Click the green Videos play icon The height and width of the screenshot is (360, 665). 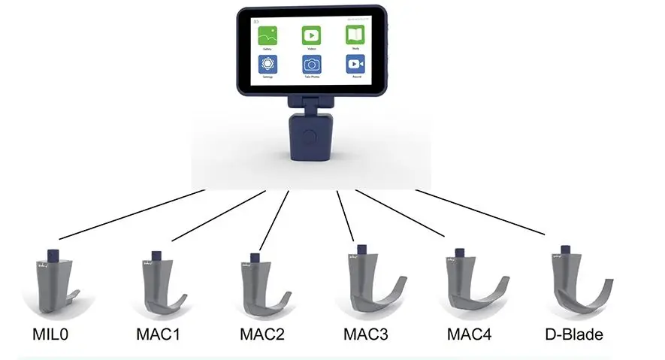tap(311, 35)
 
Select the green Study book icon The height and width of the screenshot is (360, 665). tap(355, 35)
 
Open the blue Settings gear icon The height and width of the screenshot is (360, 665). tap(268, 64)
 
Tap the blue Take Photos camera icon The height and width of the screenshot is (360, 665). tap(311, 64)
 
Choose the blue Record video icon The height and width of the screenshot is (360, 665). tap(355, 64)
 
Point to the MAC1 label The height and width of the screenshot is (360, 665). tap(159, 333)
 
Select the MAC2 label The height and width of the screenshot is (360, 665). tap(263, 333)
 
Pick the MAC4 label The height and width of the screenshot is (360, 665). tap(469, 333)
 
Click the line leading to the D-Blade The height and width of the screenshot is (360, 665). tap(481, 212)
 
